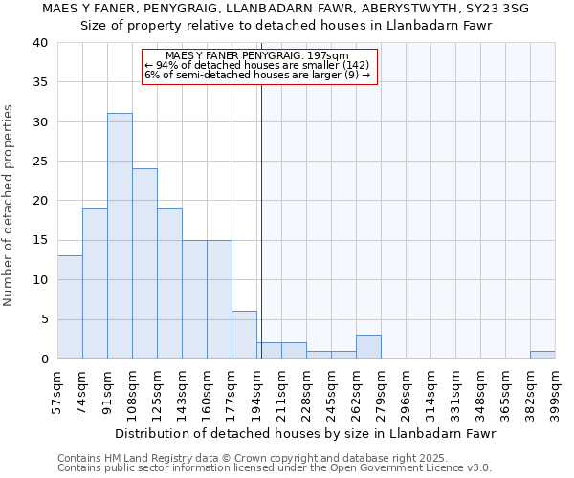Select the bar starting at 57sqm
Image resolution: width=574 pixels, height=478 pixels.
click(70, 307)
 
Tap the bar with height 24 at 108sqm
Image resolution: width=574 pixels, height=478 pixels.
click(144, 264)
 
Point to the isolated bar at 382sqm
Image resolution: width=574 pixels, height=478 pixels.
click(542, 355)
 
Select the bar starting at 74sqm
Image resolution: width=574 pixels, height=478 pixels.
click(95, 283)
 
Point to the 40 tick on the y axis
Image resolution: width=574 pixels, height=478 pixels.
click(39, 43)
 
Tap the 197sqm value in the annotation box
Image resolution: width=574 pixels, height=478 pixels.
click(329, 55)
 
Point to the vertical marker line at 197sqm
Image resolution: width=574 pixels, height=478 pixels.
click(261, 220)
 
